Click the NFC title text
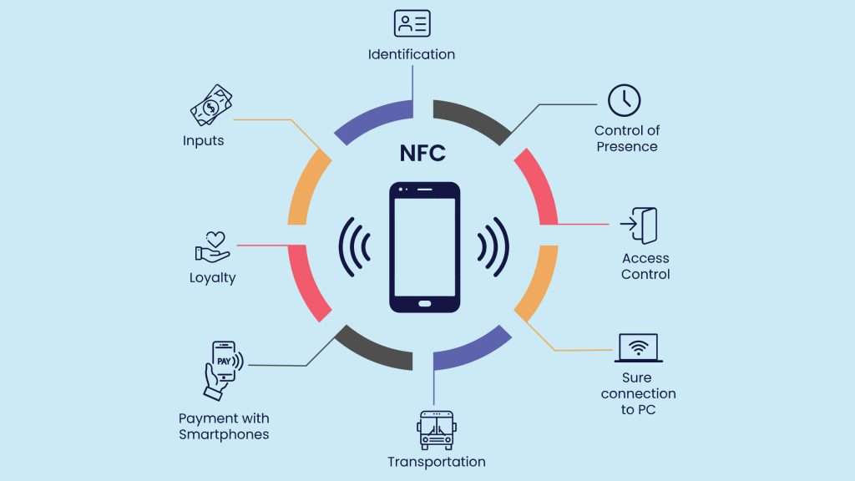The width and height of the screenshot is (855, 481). click(422, 154)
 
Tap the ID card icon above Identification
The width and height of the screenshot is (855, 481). click(412, 23)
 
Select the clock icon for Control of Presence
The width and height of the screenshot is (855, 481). click(625, 100)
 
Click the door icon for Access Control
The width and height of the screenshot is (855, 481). click(639, 225)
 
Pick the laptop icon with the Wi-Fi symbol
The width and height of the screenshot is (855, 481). click(639, 348)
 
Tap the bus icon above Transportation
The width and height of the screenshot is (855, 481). click(436, 430)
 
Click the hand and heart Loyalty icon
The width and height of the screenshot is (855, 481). click(213, 247)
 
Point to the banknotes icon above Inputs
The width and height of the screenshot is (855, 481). click(211, 105)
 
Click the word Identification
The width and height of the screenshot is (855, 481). click(412, 54)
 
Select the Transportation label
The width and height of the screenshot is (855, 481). click(436, 462)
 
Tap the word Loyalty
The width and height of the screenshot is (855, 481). click(213, 277)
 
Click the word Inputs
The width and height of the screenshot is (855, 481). click(204, 140)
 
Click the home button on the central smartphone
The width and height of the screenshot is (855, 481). click(425, 304)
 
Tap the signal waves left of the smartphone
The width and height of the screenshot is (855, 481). click(354, 247)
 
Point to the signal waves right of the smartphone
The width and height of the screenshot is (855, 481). click(493, 247)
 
